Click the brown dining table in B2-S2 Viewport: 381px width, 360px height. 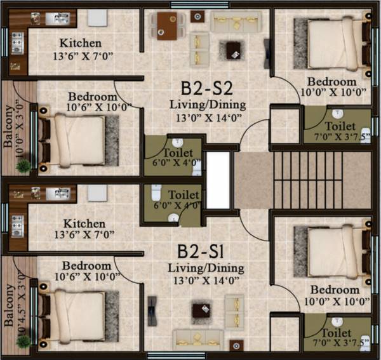tap(168, 26)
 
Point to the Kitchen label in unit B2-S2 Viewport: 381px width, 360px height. tap(80, 44)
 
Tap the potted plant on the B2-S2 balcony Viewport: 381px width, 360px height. tap(23, 166)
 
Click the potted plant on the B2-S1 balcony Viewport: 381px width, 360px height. tap(23, 341)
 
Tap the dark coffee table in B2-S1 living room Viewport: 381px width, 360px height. tap(202, 310)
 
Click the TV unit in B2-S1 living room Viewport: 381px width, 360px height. tap(152, 310)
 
